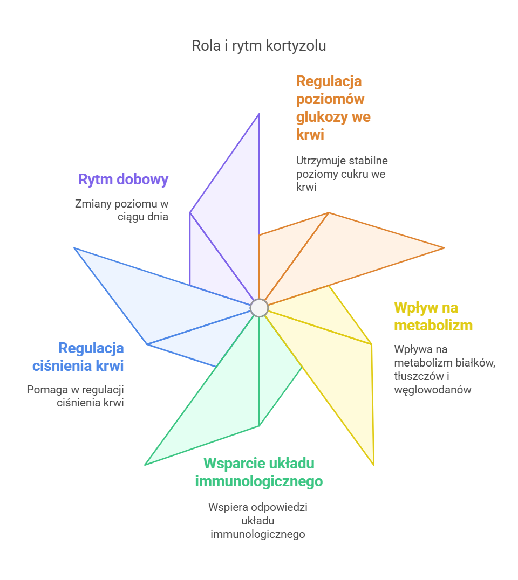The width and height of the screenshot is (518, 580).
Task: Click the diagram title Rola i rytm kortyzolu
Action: tap(258, 46)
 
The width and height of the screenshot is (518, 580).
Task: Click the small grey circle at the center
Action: tap(259, 308)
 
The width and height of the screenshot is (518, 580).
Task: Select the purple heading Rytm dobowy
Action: tap(123, 179)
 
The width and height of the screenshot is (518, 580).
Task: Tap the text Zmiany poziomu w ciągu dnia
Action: tap(121, 210)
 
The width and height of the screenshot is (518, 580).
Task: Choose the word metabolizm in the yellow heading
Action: tap(433, 326)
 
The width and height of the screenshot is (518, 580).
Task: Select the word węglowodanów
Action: tap(433, 390)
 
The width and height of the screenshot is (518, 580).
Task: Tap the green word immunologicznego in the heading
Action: tap(259, 481)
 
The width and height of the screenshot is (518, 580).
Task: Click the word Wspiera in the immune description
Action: tap(225, 507)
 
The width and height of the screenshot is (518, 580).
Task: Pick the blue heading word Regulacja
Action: tap(91, 348)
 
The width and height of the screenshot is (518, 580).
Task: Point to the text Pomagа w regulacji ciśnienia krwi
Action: tap(76, 396)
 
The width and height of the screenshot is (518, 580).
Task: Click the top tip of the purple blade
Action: tap(260, 114)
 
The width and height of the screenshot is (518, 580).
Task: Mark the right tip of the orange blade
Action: tap(444, 248)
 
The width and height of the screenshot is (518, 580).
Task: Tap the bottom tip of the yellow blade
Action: tap(373, 464)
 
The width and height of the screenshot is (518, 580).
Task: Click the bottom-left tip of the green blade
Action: tap(146, 464)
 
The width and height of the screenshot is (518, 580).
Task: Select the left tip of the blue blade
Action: tap(74, 248)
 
